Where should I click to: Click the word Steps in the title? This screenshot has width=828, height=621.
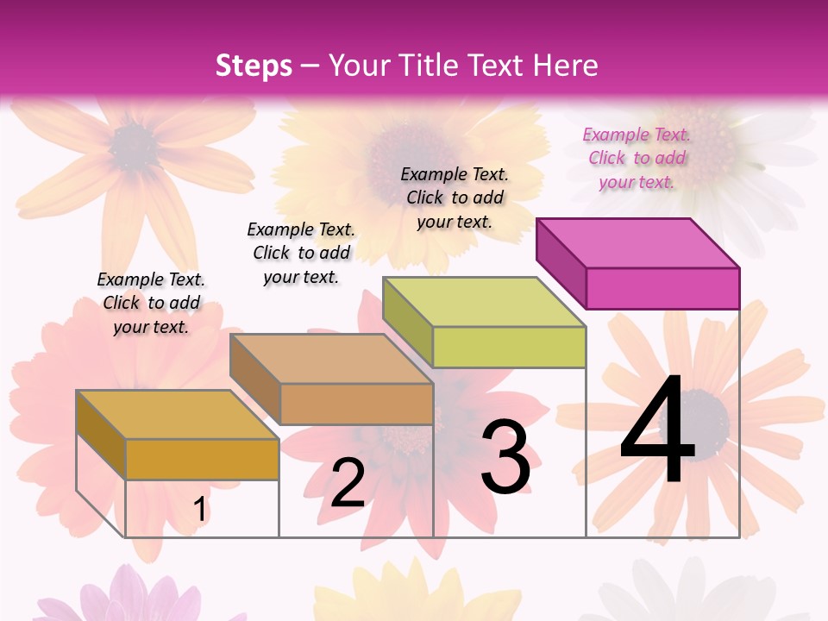(254, 66)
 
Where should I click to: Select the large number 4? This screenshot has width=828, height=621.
(657, 431)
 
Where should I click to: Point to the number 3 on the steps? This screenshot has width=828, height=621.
(505, 457)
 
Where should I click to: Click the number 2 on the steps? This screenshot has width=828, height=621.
(348, 483)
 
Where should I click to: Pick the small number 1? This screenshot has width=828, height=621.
(200, 510)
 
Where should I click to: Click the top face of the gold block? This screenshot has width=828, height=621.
(178, 415)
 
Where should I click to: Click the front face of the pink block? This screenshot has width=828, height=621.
(662, 288)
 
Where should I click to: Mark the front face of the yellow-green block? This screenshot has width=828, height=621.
(509, 347)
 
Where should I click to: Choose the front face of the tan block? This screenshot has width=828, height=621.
(356, 404)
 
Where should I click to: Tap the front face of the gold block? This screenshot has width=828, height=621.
(202, 459)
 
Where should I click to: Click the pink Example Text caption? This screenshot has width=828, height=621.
(637, 158)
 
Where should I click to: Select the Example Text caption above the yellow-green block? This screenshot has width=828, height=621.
(455, 198)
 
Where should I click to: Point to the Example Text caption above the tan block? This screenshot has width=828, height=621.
(301, 253)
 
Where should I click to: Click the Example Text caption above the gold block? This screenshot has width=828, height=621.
(151, 303)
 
